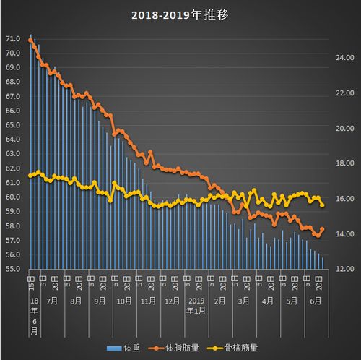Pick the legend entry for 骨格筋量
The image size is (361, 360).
[x=234, y=348]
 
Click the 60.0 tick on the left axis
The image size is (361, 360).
[x=13, y=197]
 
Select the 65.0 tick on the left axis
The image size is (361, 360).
[x=13, y=125]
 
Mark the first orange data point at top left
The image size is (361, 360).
[x=30, y=40]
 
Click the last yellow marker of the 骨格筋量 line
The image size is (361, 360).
[x=322, y=205]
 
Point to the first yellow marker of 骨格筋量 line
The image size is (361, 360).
[x=30, y=176]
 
